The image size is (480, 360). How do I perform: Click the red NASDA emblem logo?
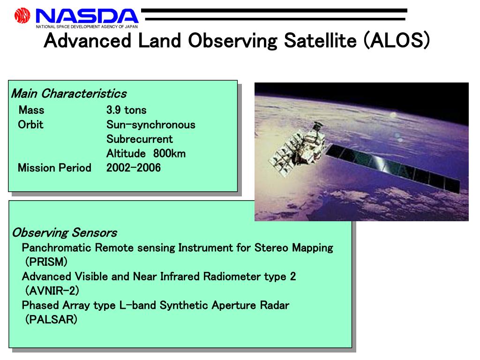coord(22,15)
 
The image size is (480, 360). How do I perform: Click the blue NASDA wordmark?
coord(87,16)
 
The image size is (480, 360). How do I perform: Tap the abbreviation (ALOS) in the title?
coord(397,40)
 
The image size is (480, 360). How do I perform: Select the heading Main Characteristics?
coord(69,94)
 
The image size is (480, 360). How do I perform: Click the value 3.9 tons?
coord(127,110)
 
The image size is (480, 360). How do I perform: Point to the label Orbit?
coord(30,125)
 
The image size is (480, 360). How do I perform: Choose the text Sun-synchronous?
coord(150,125)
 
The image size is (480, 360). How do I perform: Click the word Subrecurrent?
coord(140,139)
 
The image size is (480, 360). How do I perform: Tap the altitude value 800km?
coord(169,153)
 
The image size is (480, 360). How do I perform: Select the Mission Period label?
coord(54,168)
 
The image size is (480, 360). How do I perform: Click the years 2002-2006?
coord(134,168)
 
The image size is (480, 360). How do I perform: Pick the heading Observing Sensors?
coord(65,232)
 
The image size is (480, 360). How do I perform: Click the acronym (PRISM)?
coord(46,262)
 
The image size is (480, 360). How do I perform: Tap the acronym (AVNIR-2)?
coord(52,290)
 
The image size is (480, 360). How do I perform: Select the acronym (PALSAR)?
coord(51,319)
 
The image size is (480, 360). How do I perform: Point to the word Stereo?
coord(271,247)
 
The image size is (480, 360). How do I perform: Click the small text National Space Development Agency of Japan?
coord(87,27)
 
